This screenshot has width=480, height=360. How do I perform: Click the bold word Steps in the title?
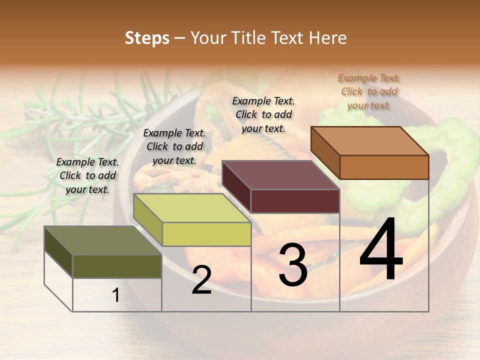tap(147, 38)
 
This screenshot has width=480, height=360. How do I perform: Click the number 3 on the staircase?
tap(292, 265)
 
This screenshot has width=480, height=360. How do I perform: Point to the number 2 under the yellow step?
tap(201, 280)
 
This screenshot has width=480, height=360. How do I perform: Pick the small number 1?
tap(116, 295)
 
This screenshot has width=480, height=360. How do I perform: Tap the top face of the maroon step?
tap(280, 175)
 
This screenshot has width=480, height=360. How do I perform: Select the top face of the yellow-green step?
tap(192, 208)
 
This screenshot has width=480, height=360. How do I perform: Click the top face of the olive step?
tap(103, 240)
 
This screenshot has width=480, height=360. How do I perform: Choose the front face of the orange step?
tap(384, 167)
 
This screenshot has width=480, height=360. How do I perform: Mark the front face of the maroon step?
tap(295, 201)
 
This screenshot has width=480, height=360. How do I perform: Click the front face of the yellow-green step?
tap(206, 234)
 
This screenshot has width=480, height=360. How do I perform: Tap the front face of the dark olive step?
tap(117, 266)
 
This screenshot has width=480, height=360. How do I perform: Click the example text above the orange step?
tap(369, 91)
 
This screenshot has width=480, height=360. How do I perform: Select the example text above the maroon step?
tap(263, 114)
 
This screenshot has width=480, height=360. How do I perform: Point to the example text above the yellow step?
tap(174, 146)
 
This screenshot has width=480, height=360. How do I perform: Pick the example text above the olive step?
tap(87, 175)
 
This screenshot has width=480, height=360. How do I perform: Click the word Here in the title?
tap(329, 38)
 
